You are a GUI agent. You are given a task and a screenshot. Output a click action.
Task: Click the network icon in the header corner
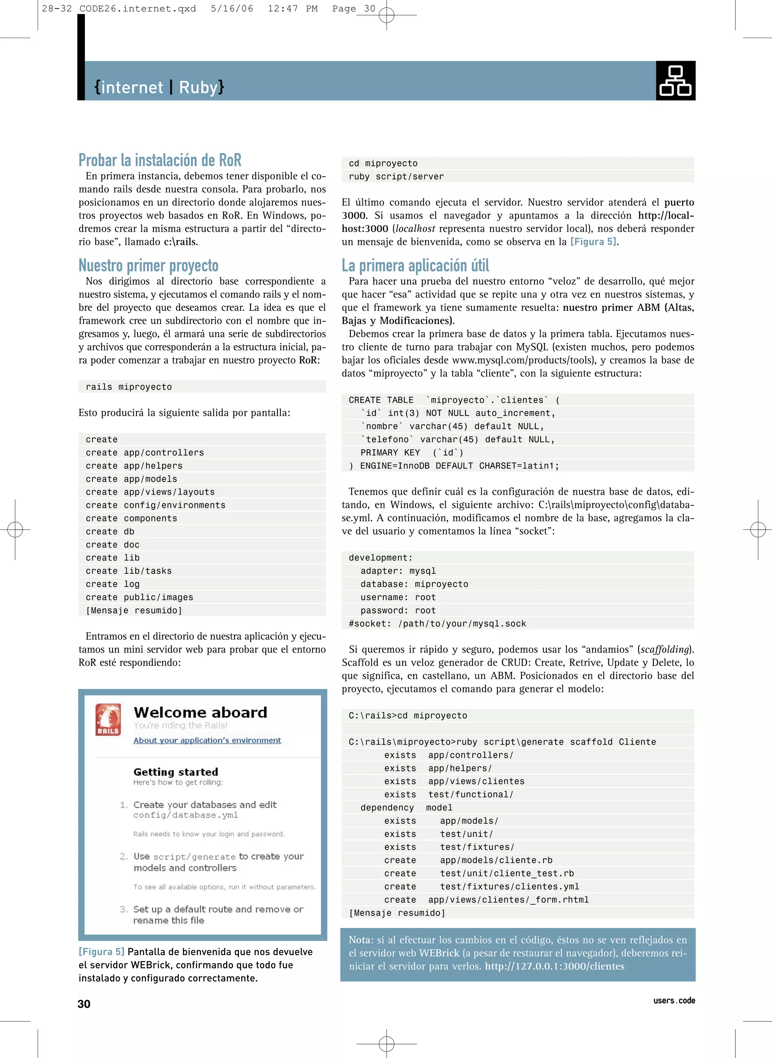point(675,81)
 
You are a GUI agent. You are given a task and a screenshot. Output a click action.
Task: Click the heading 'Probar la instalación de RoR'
point(160,160)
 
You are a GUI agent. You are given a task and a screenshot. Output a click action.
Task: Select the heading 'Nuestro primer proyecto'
point(148,265)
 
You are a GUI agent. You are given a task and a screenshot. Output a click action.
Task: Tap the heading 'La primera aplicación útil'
point(415,265)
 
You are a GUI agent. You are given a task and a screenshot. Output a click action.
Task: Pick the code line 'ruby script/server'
point(396,177)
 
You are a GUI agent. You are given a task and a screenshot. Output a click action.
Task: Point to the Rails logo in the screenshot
point(108,719)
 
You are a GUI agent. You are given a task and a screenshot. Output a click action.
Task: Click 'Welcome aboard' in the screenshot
point(200,712)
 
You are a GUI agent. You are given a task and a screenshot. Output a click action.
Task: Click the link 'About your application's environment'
point(207,740)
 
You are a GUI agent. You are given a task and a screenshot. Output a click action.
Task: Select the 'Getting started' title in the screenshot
point(176,772)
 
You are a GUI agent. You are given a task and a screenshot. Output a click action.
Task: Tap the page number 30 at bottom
point(84,1004)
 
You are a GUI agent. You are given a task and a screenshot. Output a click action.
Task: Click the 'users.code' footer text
point(674,1001)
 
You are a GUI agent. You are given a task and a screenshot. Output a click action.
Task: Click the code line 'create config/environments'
point(155,505)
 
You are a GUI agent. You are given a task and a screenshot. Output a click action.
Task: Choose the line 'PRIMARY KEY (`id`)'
point(411,453)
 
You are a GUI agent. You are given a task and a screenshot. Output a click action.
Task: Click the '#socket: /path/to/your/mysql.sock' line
point(437,624)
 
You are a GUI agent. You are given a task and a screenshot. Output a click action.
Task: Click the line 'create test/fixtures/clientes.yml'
point(481,887)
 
